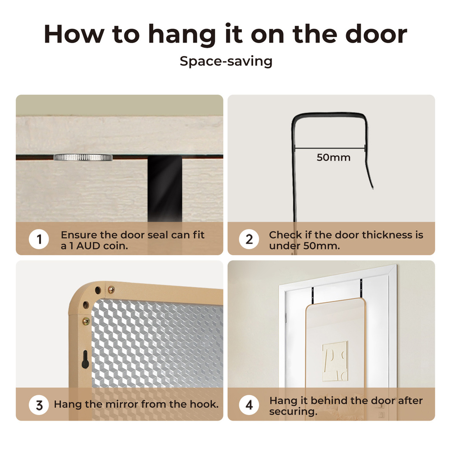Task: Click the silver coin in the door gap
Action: pyautogui.click(x=83, y=158)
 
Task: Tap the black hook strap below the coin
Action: pyautogui.click(x=165, y=189)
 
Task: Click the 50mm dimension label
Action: pyautogui.click(x=334, y=158)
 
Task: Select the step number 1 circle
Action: pyautogui.click(x=39, y=239)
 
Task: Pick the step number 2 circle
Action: pyautogui.click(x=249, y=239)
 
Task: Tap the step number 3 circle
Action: pyautogui.click(x=39, y=405)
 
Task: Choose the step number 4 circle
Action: pyautogui.click(x=249, y=405)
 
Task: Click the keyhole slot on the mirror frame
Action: pyautogui.click(x=85, y=359)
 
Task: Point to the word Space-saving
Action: pyautogui.click(x=226, y=62)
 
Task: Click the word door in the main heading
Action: pyautogui.click(x=376, y=34)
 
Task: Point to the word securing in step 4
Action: pyautogui.click(x=293, y=412)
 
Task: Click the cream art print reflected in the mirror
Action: pyautogui.click(x=335, y=361)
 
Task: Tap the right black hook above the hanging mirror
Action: pyautogui.click(x=361, y=288)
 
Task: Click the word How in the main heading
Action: pyautogui.click(x=74, y=34)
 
